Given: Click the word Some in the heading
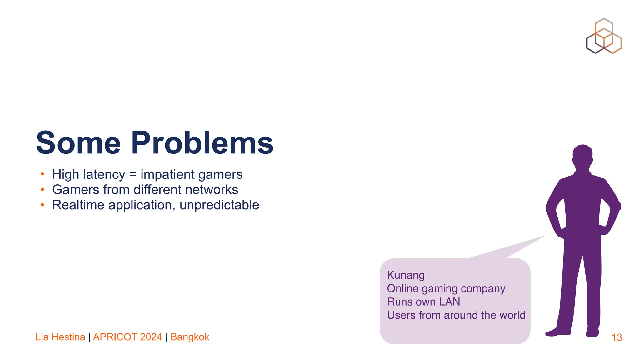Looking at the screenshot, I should (78, 143).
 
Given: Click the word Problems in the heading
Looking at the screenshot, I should (202, 143).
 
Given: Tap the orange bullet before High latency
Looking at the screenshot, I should (42, 174).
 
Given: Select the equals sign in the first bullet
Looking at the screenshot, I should (133, 174).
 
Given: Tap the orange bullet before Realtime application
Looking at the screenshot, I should (42, 205).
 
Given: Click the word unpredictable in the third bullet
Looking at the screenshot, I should (219, 205).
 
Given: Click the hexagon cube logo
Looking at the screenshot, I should (604, 36).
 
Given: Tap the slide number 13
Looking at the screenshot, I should (617, 337).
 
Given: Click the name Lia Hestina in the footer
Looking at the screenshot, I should (60, 337).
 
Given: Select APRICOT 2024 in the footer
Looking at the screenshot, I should (127, 337).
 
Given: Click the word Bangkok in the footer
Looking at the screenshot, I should (190, 337).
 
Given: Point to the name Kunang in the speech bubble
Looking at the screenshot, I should (406, 275).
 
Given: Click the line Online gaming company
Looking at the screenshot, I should (446, 289).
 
